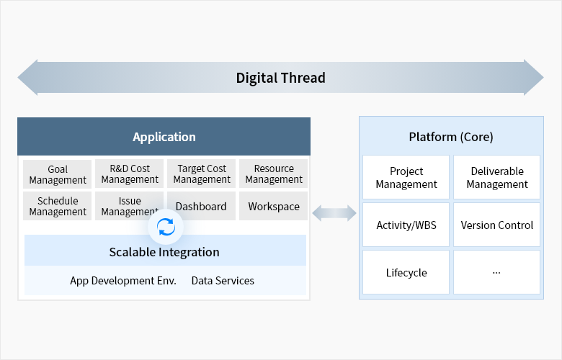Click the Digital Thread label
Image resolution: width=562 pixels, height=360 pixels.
(280, 78)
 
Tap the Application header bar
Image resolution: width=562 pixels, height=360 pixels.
(164, 137)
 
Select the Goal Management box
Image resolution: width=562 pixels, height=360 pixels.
(58, 174)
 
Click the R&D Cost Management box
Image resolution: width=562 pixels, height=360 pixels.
(130, 174)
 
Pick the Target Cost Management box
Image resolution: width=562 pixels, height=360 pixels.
(202, 174)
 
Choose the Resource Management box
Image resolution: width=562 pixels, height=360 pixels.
(274, 174)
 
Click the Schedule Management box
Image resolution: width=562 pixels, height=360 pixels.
(58, 206)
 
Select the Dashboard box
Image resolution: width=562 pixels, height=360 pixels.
(201, 206)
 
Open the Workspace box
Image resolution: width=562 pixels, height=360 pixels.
(274, 206)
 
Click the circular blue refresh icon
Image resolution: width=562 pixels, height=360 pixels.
(166, 228)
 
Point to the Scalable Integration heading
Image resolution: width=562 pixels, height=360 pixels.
(164, 252)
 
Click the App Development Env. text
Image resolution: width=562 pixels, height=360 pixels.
(123, 281)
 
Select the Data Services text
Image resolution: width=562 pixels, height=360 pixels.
(223, 281)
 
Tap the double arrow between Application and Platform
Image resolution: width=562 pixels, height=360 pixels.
(334, 212)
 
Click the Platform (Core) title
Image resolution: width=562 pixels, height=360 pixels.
(451, 137)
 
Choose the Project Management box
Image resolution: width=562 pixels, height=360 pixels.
(406, 178)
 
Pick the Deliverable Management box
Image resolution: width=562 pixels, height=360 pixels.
(496, 178)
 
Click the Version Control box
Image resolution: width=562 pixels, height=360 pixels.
(496, 225)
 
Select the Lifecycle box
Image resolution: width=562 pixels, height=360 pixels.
(406, 272)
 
